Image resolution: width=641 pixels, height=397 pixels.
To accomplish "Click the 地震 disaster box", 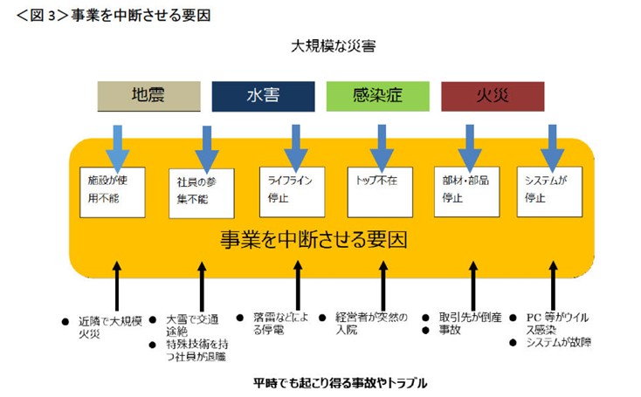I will click(x=148, y=96).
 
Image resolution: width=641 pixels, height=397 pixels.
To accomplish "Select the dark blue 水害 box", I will click(x=263, y=96).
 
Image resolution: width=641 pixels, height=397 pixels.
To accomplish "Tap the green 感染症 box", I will click(x=377, y=96).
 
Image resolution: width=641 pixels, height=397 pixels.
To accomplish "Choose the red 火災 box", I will click(x=493, y=96).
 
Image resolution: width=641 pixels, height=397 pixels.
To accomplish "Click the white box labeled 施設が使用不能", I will click(x=110, y=191).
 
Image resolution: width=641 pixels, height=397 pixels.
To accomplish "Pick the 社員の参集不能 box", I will click(x=202, y=192).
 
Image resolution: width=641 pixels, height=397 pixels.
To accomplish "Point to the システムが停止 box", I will click(x=549, y=191).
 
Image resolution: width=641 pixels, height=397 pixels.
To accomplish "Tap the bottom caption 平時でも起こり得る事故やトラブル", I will click(x=340, y=383).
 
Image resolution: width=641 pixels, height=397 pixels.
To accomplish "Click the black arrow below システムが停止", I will click(x=553, y=282).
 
